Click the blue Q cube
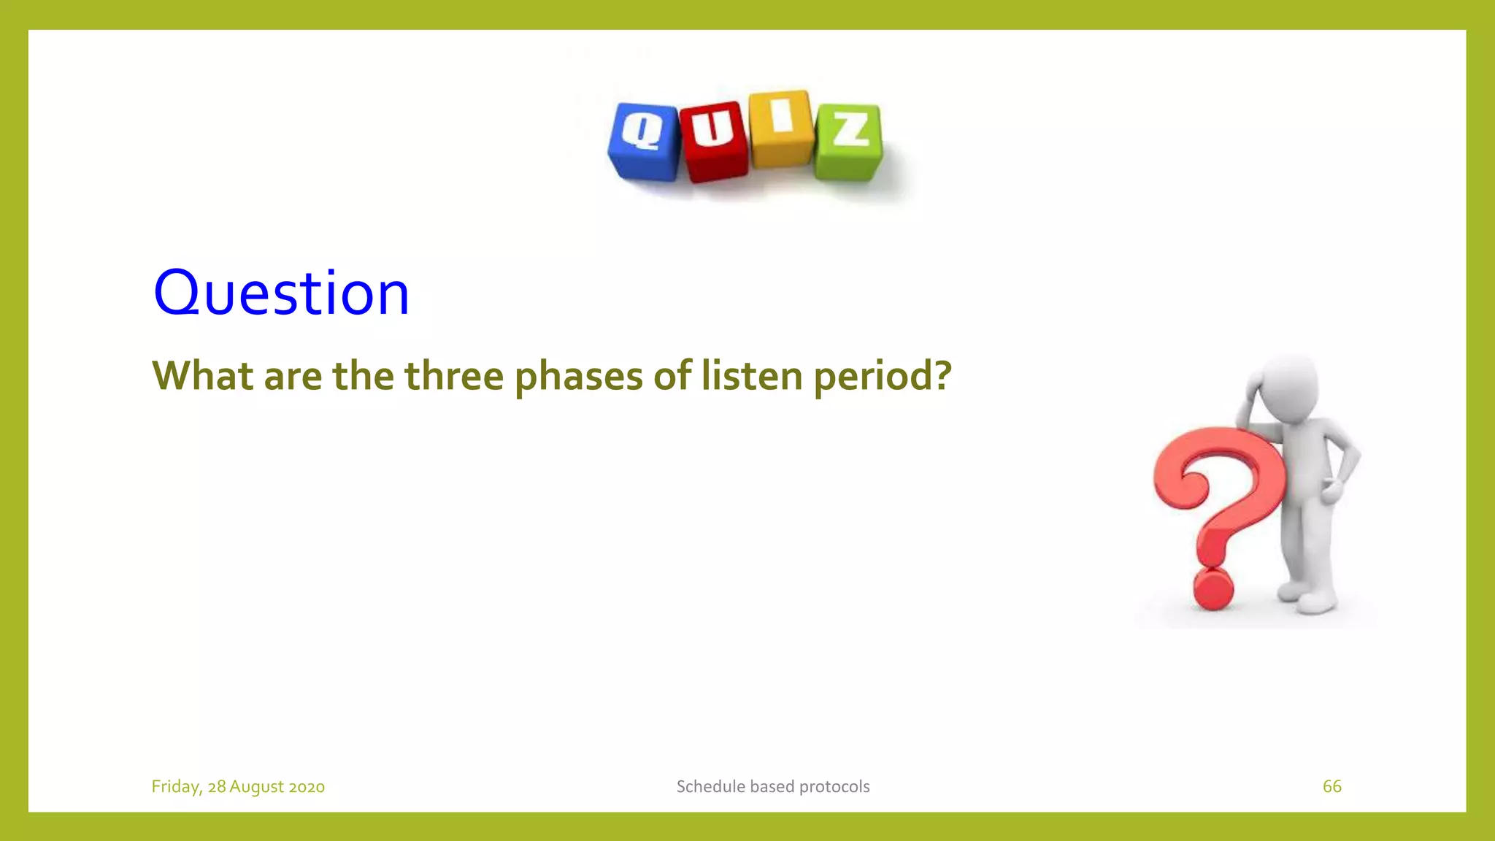[x=644, y=141]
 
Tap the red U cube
[x=713, y=141]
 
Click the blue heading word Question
[x=281, y=293]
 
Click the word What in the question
[x=202, y=376]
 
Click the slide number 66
[x=1331, y=786]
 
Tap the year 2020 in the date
[x=307, y=787]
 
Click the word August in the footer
[x=256, y=787]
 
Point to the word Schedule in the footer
[x=710, y=786]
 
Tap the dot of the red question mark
[x=1212, y=588]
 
